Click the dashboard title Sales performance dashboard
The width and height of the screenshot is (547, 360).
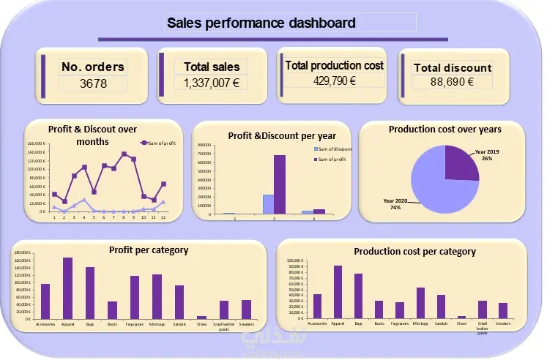pos(261,23)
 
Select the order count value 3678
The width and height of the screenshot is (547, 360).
pos(93,83)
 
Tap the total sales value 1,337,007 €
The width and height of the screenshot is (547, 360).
pos(212,83)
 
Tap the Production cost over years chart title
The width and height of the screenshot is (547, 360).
pos(444,130)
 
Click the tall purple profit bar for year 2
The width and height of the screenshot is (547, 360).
pos(280,184)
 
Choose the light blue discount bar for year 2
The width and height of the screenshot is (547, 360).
pos(268,204)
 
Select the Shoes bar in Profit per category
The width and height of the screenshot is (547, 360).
pos(201,317)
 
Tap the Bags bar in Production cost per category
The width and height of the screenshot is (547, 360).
pos(359,296)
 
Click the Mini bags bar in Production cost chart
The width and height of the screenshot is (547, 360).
pos(420,303)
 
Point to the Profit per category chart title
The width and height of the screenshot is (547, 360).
pos(148,250)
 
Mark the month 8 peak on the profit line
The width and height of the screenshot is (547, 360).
pos(124,154)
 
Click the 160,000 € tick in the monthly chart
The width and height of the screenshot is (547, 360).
pos(37,144)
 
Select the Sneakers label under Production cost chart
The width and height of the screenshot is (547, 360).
pos(503,323)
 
